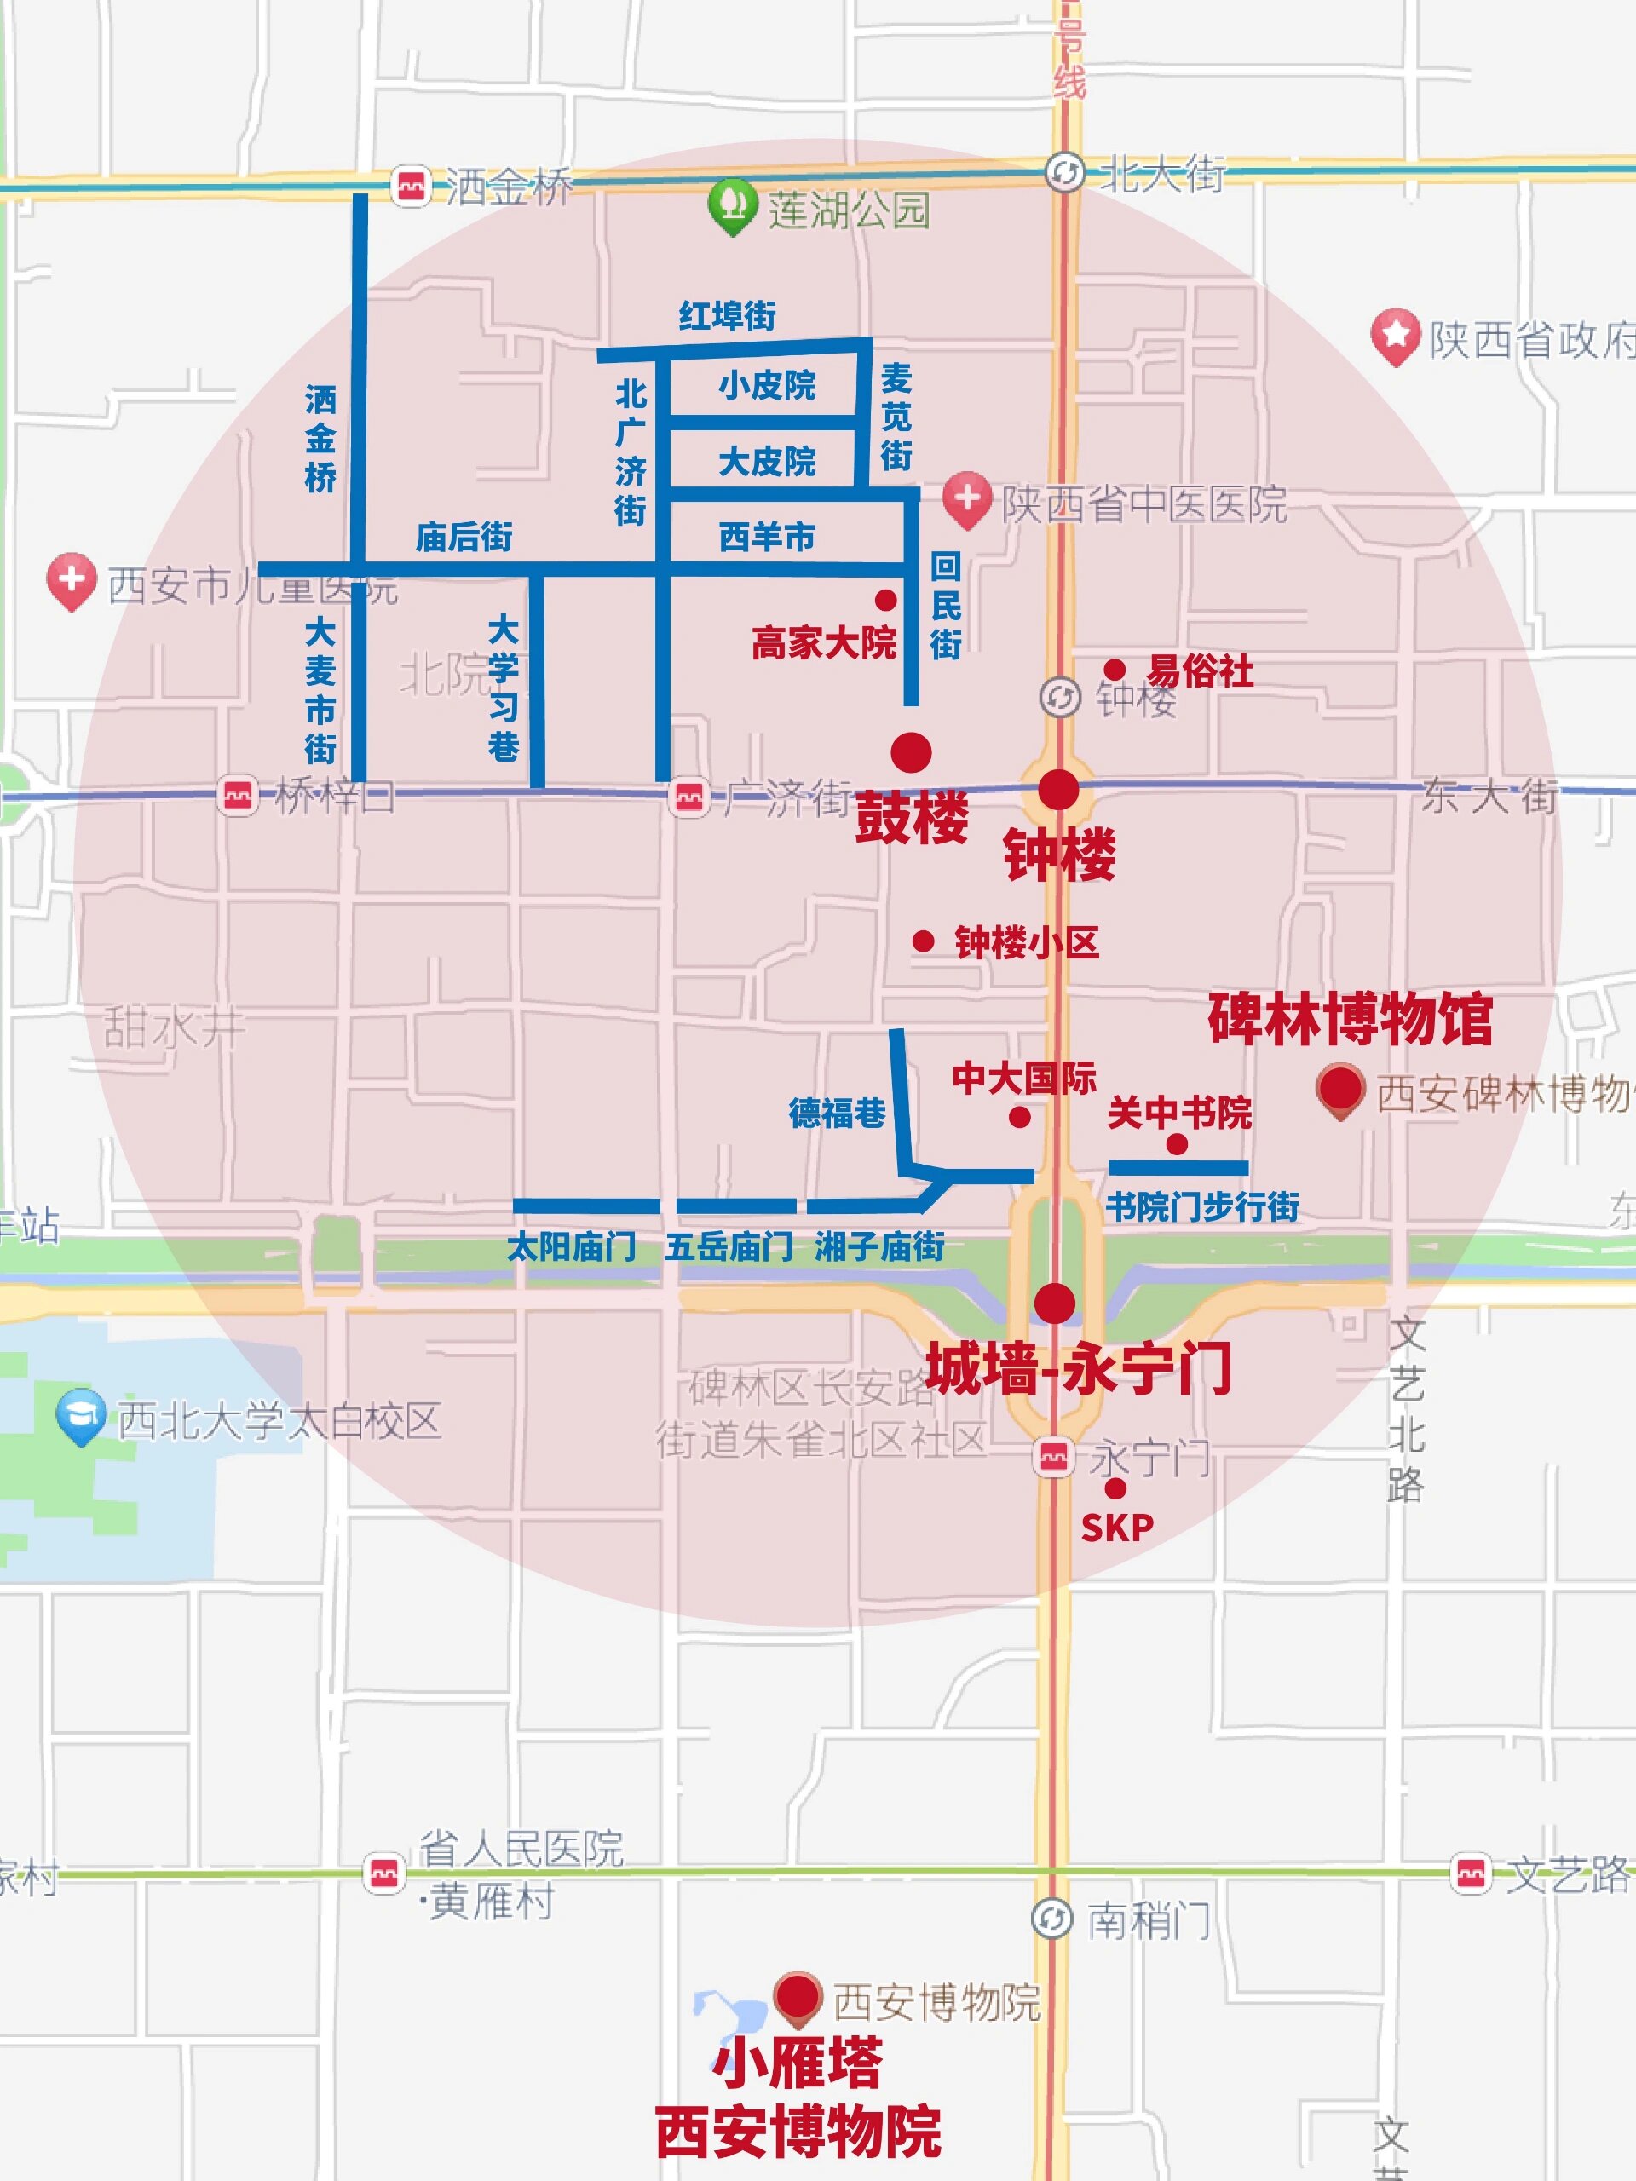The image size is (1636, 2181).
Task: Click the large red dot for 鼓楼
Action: click(x=910, y=752)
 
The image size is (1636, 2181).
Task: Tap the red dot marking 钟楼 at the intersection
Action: click(x=1058, y=790)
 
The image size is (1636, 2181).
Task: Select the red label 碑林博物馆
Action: click(x=1349, y=1019)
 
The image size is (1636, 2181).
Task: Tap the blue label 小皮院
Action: click(x=766, y=384)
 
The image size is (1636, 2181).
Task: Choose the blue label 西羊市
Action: click(x=766, y=537)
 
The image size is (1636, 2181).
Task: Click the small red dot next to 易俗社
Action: click(x=1115, y=670)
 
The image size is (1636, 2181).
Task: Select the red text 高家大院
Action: click(x=823, y=643)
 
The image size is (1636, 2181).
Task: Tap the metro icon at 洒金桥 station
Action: click(x=412, y=186)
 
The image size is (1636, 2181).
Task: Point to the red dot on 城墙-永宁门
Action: click(x=1054, y=1303)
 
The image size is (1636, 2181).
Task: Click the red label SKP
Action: click(x=1116, y=1528)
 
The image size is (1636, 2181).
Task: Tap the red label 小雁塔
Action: click(x=797, y=2063)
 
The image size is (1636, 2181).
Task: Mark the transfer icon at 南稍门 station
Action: click(x=1051, y=1919)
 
